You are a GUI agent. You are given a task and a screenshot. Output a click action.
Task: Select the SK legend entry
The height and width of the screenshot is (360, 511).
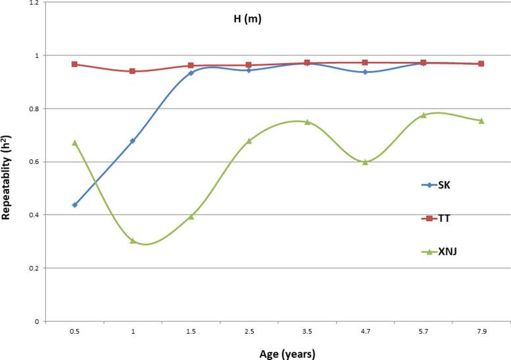coord(443,185)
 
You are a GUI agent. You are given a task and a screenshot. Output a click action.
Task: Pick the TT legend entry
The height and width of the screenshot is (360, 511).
coord(443,218)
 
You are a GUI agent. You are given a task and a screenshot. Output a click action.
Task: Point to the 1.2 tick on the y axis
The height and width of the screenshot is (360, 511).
coord(33,3)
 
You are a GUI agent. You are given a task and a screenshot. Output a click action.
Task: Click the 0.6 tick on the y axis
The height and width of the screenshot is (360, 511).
coord(33,162)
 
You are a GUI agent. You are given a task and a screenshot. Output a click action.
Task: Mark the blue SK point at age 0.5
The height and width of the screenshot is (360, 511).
coord(74,205)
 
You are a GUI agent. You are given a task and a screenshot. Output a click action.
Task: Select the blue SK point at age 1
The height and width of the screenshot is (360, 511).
coord(133,141)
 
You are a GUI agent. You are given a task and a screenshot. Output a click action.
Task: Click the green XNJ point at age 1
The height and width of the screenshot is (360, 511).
coord(133,241)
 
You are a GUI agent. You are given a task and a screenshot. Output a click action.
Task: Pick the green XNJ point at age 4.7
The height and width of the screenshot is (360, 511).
coord(365,162)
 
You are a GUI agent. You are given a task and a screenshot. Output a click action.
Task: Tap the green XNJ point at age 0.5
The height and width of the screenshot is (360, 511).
coord(74,142)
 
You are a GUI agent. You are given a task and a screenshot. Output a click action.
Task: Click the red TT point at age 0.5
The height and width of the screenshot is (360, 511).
coord(74,64)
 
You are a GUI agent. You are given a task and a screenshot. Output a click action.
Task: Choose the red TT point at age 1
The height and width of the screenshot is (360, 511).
coord(133,71)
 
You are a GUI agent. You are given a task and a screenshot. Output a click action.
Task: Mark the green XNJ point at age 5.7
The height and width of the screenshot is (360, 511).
coord(423,115)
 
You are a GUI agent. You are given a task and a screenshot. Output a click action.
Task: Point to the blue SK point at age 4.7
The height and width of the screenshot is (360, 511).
coord(365,72)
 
